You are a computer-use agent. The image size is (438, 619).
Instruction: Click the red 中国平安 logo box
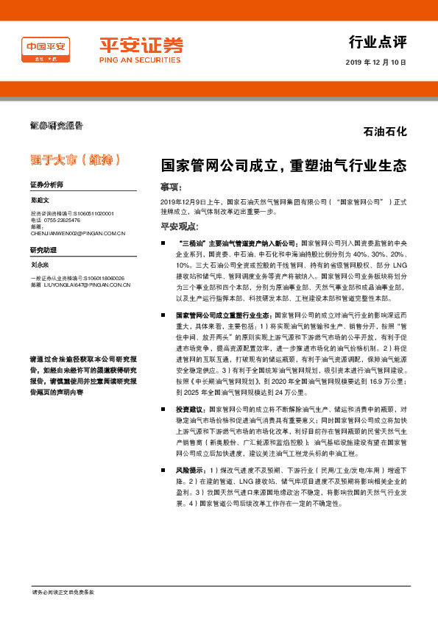tap(46, 51)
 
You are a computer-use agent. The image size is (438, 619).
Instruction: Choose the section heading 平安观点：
tap(180, 226)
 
